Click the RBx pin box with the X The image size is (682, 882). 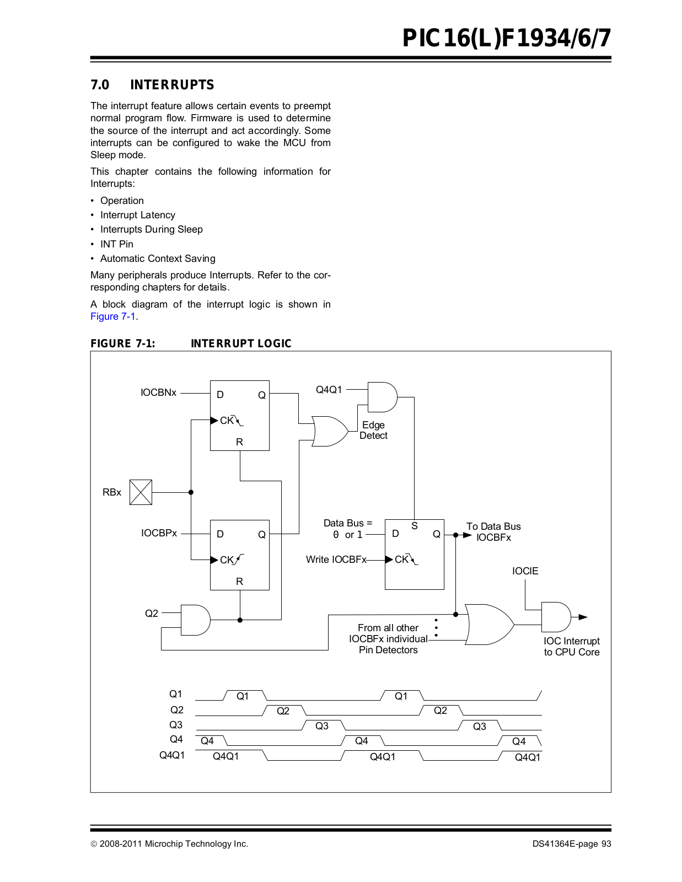[141, 492]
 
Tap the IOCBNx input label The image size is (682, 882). [158, 392]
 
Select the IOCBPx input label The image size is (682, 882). [159, 533]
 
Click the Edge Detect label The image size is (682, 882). [373, 430]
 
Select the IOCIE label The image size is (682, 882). [525, 571]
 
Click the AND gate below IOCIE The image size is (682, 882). [556, 617]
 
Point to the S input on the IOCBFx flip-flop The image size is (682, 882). [415, 526]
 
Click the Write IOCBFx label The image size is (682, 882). [336, 560]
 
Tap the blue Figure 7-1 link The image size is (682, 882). [113, 316]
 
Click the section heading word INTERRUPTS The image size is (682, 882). [172, 85]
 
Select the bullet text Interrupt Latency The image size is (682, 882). [138, 215]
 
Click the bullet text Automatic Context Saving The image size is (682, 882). [158, 259]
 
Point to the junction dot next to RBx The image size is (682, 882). [191, 492]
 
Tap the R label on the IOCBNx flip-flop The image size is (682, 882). [239, 442]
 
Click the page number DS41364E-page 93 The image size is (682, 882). [572, 844]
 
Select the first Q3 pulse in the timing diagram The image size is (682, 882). [322, 725]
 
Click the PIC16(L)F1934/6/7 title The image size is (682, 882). [507, 38]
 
